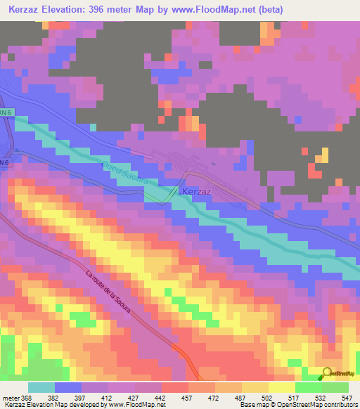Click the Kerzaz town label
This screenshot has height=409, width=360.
198,191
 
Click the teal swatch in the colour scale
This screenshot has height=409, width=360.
41,387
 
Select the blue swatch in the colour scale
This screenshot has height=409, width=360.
68,387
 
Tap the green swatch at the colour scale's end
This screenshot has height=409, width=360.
335,387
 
